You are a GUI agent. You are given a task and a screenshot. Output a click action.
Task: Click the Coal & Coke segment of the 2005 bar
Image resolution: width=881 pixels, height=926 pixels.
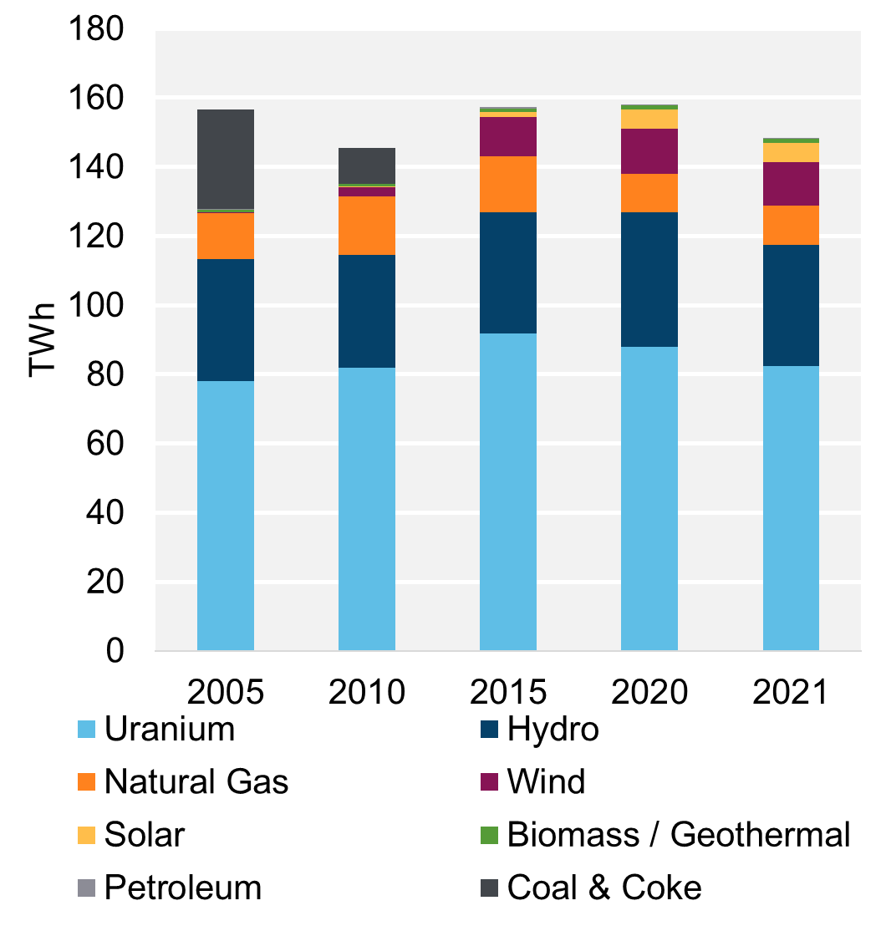click(225, 159)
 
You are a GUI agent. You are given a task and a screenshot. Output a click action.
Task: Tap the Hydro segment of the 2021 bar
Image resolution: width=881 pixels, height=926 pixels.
click(791, 305)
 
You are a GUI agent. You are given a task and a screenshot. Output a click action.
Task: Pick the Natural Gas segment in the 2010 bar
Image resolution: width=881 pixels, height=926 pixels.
click(366, 226)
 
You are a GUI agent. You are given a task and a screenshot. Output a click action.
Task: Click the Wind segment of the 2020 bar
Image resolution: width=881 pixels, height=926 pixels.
click(649, 151)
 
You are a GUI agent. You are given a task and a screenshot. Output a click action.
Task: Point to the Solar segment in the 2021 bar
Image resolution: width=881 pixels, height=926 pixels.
click(791, 152)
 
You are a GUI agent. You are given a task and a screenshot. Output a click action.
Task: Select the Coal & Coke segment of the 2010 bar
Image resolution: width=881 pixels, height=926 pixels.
click(366, 165)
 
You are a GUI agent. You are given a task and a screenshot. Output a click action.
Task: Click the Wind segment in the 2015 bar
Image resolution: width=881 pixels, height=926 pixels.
click(507, 136)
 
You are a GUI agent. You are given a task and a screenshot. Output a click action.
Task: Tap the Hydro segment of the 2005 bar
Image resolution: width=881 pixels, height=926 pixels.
click(225, 320)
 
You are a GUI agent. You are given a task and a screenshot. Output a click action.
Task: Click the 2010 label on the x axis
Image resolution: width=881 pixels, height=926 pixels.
click(366, 692)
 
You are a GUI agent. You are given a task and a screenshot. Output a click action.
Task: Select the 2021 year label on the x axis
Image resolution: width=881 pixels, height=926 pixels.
click(791, 692)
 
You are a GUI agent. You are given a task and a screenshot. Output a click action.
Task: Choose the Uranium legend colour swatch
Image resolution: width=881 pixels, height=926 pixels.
click(86, 730)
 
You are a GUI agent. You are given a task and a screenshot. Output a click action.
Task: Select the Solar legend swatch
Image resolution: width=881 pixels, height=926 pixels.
click(86, 834)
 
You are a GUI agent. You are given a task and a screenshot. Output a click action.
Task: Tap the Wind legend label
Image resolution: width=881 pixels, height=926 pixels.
click(546, 782)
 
